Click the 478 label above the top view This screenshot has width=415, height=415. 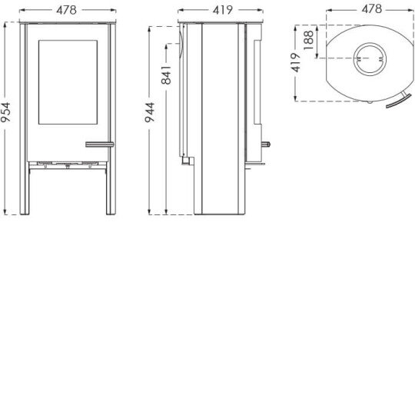(x=370, y=9)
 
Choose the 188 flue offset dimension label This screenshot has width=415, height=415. (x=308, y=41)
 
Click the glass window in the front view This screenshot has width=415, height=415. (x=69, y=80)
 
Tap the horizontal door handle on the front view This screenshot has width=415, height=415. (x=99, y=144)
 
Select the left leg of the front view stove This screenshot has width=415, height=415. (x=25, y=188)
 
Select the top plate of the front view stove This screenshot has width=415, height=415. (x=69, y=22)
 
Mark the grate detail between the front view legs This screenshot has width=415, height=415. (x=69, y=164)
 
